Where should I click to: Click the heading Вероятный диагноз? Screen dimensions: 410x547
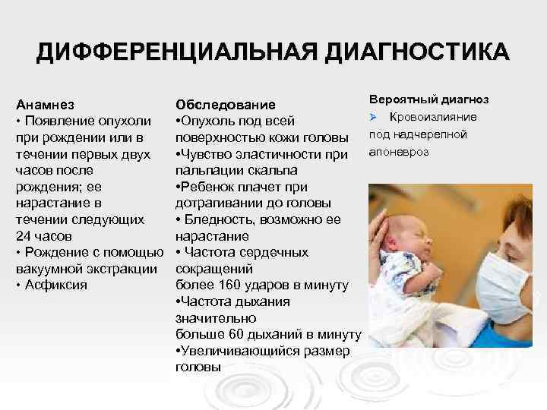point(428,99)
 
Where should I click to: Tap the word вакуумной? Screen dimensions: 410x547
point(49,269)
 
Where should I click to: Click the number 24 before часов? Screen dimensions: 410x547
point(23,235)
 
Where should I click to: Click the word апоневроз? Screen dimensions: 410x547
point(399,152)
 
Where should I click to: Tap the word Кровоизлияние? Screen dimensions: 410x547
point(434,117)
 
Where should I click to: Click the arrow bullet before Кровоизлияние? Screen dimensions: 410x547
point(374,117)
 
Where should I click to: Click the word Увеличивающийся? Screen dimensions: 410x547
point(236,352)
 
